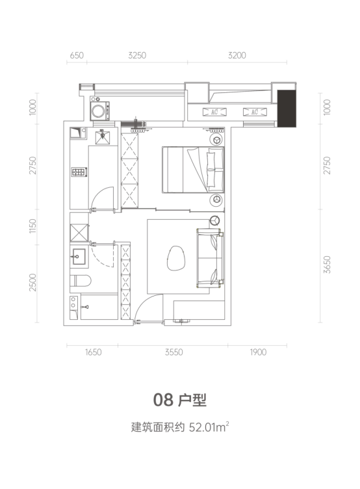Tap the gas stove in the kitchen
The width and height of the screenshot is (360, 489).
click(x=79, y=172)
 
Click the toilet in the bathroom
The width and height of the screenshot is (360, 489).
click(x=81, y=280)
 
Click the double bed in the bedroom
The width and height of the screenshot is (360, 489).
click(x=193, y=170)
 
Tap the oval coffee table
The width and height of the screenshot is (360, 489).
click(x=176, y=258)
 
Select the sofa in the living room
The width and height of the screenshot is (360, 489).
click(x=211, y=258)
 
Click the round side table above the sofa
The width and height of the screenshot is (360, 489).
click(x=214, y=220)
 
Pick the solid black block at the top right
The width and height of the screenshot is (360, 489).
click(x=287, y=109)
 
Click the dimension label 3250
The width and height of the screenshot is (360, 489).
click(x=137, y=55)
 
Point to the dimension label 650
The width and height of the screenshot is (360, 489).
click(x=77, y=55)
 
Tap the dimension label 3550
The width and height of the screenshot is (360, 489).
click(x=174, y=352)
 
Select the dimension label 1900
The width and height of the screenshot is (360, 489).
click(x=258, y=352)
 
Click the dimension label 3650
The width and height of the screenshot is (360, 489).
click(x=327, y=265)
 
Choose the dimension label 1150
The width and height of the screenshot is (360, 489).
click(x=32, y=226)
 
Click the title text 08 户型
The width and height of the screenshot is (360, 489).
click(x=180, y=399)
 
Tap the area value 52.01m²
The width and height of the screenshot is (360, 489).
click(x=209, y=427)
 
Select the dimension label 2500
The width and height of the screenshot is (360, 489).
click(x=32, y=282)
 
